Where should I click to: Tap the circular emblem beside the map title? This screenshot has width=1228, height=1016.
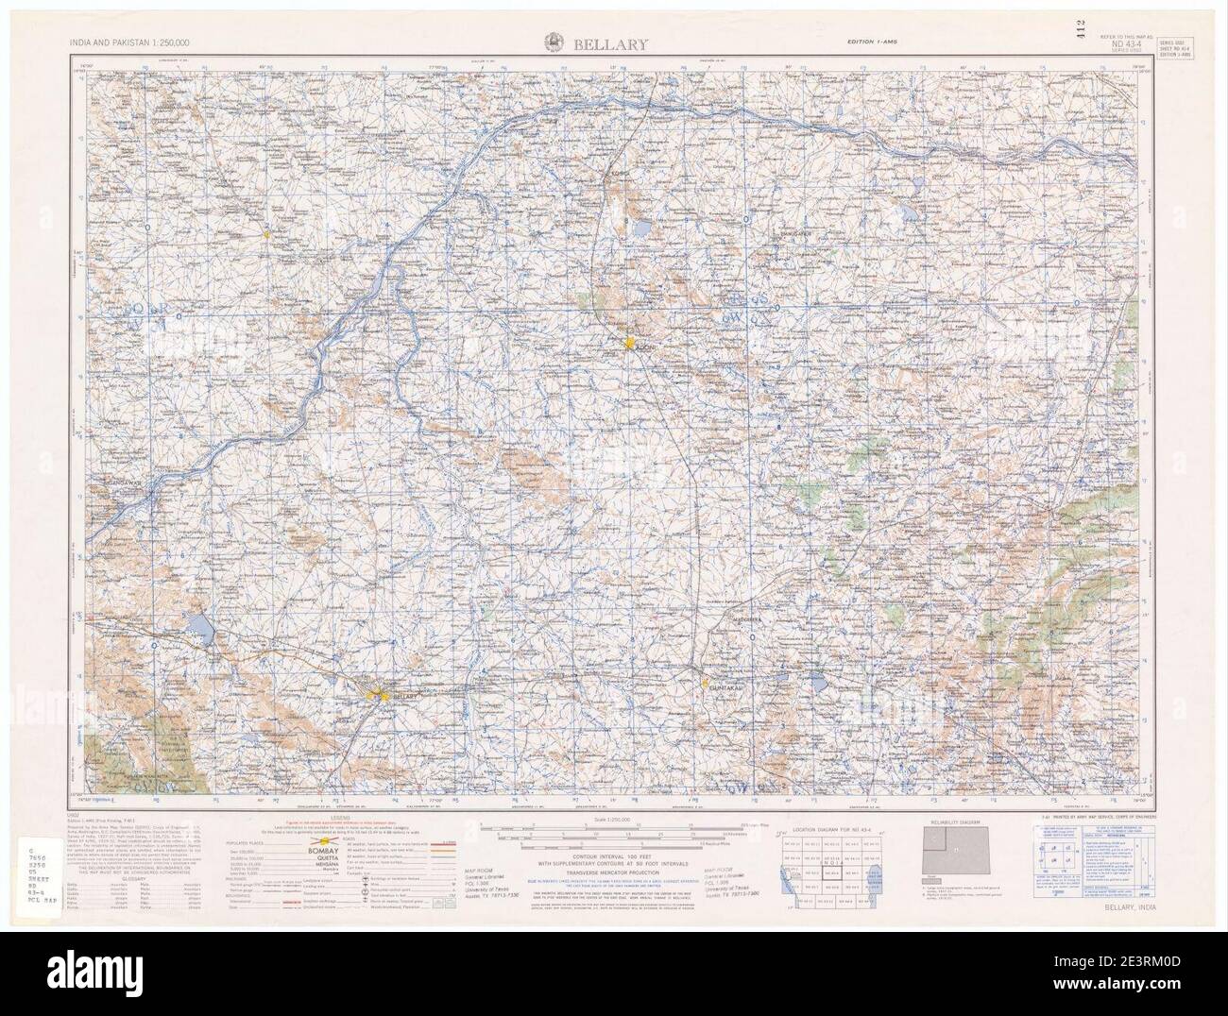pyautogui.click(x=554, y=42)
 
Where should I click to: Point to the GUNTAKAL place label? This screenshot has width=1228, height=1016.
pyautogui.click(x=728, y=689)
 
